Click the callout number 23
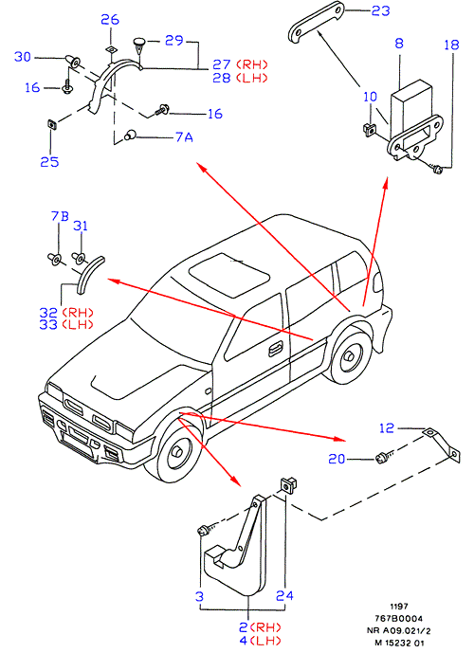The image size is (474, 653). pyautogui.click(x=381, y=10)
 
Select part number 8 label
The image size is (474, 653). pyautogui.click(x=399, y=43)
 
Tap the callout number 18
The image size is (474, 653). pyautogui.click(x=451, y=45)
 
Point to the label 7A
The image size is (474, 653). pyautogui.click(x=184, y=137)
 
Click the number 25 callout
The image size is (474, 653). pyautogui.click(x=49, y=161)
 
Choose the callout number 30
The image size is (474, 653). pyautogui.click(x=23, y=57)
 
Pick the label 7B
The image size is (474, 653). pyautogui.click(x=60, y=216)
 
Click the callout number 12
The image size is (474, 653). pyautogui.click(x=387, y=428)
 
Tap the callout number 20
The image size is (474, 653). pyautogui.click(x=337, y=459)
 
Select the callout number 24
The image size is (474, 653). pyautogui.click(x=284, y=595)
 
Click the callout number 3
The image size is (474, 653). pyautogui.click(x=199, y=596)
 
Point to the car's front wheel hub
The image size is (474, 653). pyautogui.click(x=178, y=452)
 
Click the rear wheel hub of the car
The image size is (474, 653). pyautogui.click(x=348, y=356)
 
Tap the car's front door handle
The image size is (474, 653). pyautogui.click(x=275, y=348)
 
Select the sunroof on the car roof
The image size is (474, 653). pyautogui.click(x=228, y=275)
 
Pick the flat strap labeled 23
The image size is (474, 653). pyautogui.click(x=316, y=21)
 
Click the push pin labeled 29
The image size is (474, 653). pyautogui.click(x=139, y=46)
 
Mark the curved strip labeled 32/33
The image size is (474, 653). pyautogui.click(x=90, y=274)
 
